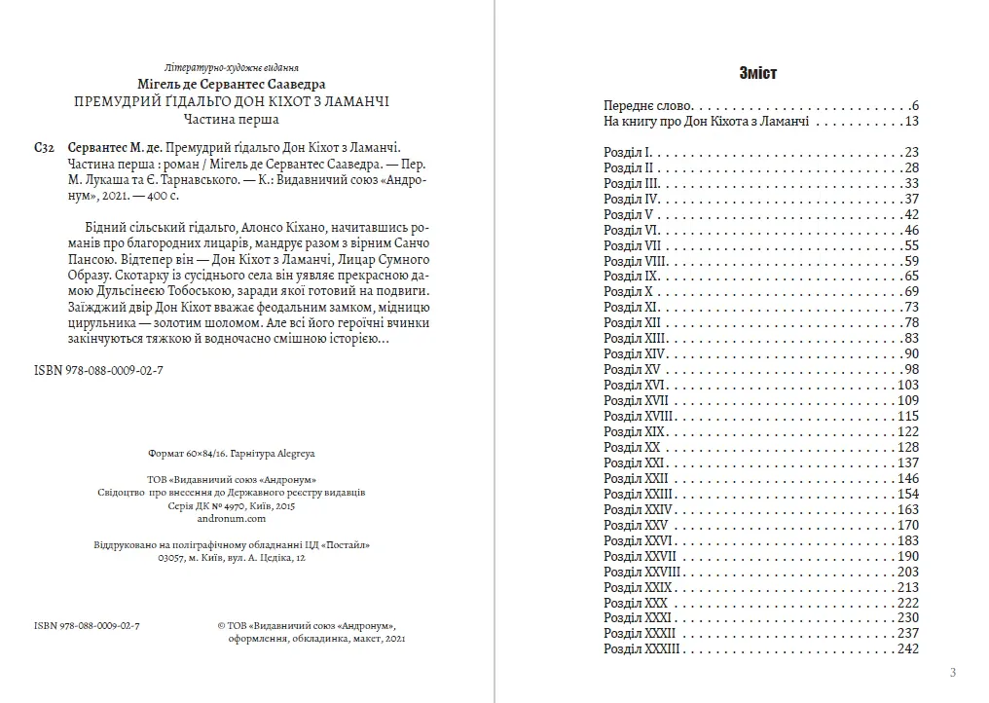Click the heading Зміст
click(x=758, y=74)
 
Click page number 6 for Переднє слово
click(x=914, y=105)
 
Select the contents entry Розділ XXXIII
click(x=641, y=649)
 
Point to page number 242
click(x=908, y=649)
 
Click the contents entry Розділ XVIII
click(x=637, y=416)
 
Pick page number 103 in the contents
click(x=908, y=385)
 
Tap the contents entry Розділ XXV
click(x=632, y=525)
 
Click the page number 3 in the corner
click(x=952, y=672)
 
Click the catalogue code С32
click(x=43, y=147)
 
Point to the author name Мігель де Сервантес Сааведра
click(x=231, y=84)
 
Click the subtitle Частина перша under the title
click(x=231, y=120)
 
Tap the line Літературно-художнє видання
click(x=231, y=67)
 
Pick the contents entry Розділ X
click(x=627, y=291)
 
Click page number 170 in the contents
click(x=908, y=525)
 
